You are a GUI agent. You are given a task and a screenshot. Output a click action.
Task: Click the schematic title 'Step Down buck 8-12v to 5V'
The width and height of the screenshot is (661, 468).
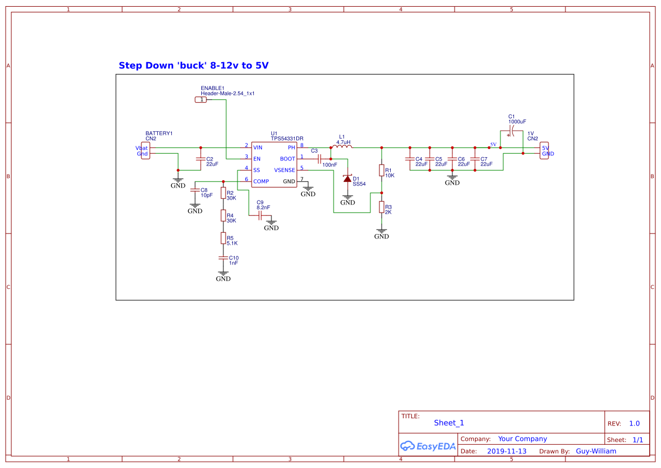pos(193,66)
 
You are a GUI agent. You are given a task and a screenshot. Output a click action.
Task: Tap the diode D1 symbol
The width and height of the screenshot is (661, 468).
pos(347,179)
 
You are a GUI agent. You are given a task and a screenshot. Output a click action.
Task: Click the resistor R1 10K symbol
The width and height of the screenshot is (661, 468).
pos(382,171)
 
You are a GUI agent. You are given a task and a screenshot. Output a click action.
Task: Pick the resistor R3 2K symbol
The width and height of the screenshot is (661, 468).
pos(382,207)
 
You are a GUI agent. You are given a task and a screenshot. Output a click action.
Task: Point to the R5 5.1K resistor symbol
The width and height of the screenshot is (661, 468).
pos(223,239)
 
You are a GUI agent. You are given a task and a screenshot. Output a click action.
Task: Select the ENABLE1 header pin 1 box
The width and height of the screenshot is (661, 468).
pos(201,99)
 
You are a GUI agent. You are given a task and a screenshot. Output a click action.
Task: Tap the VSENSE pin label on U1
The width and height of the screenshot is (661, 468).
pos(284,170)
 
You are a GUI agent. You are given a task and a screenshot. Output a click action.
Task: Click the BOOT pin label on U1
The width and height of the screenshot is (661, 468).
pos(287,159)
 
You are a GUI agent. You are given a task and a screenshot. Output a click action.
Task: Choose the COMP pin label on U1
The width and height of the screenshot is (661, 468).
pos(261,181)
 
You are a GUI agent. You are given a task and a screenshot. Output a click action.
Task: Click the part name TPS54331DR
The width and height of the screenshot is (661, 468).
pos(287,138)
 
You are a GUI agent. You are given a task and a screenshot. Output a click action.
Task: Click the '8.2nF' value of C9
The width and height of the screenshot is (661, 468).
pos(263,207)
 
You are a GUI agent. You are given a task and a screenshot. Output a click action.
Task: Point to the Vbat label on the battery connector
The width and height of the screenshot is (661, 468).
pos(141,148)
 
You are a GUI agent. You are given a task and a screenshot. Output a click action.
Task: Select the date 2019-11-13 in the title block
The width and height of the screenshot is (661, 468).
pos(507,451)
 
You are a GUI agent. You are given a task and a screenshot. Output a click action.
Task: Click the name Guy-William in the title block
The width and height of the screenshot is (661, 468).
pos(596,451)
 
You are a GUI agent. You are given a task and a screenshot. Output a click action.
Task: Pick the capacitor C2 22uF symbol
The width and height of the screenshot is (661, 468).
pos(201,159)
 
